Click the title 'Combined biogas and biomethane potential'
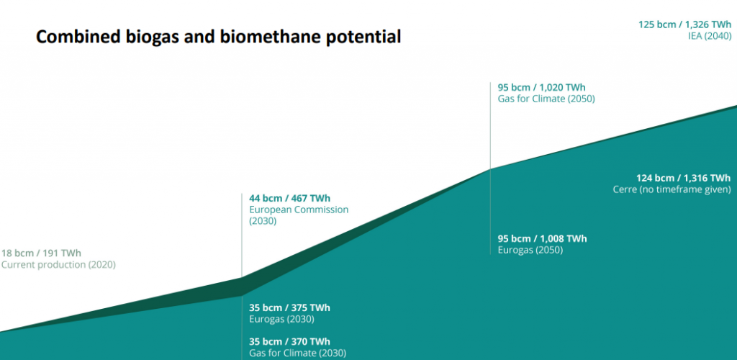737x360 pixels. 218,37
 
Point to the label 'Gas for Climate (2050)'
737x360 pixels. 546,99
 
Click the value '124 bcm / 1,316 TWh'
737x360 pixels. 683,178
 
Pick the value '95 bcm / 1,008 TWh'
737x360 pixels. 542,238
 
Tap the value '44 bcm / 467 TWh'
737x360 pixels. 289,198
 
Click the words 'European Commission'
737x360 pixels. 299,210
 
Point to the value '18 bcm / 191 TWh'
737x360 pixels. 41,253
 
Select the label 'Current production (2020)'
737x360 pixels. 58,264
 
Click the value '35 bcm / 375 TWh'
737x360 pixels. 289,307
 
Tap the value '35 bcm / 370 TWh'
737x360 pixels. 289,341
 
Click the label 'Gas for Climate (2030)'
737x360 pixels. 297,353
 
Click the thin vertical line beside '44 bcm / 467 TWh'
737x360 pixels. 242,230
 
